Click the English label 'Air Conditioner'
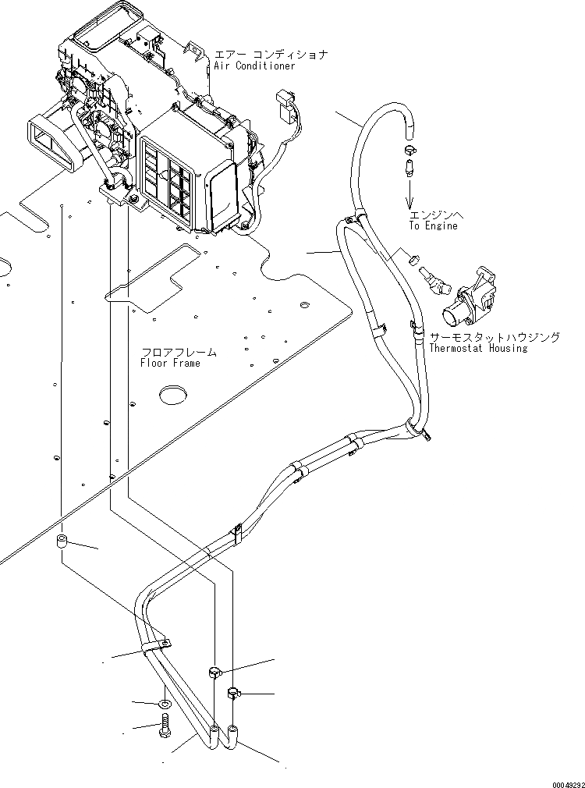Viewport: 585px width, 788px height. point(254,66)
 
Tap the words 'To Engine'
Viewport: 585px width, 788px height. point(433,225)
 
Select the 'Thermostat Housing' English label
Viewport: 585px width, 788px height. point(478,348)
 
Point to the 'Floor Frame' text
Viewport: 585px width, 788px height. point(170,363)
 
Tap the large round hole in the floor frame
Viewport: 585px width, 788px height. point(174,395)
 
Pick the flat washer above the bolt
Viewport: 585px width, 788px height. point(165,705)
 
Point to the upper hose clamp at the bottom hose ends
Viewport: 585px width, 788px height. point(216,671)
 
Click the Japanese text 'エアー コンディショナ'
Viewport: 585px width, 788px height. point(271,55)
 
